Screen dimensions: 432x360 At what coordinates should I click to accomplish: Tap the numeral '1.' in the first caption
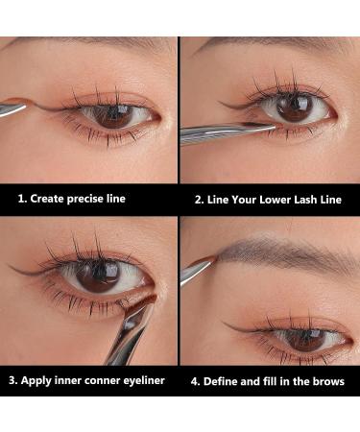tap(23, 199)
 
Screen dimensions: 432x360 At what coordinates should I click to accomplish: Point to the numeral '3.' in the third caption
tap(13, 379)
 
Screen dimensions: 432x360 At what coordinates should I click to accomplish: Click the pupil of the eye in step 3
tap(97, 276)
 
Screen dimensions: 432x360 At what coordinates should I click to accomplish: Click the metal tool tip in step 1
tap(13, 108)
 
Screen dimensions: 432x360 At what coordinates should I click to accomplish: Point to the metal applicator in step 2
tap(216, 132)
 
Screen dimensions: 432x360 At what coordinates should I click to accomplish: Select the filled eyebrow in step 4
tap(278, 255)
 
